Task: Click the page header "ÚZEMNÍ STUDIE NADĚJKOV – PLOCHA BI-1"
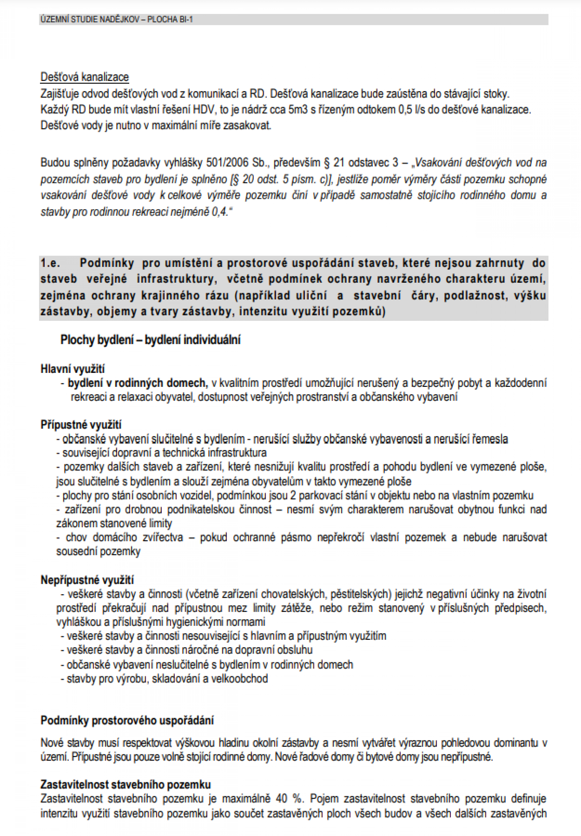117,20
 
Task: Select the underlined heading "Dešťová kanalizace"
84,77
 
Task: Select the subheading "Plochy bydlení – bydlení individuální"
150,340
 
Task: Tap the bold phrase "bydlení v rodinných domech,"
138,383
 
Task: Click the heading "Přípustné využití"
81,425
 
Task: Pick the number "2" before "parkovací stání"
293,495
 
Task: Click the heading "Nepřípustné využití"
87,580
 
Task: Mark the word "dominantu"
515,743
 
